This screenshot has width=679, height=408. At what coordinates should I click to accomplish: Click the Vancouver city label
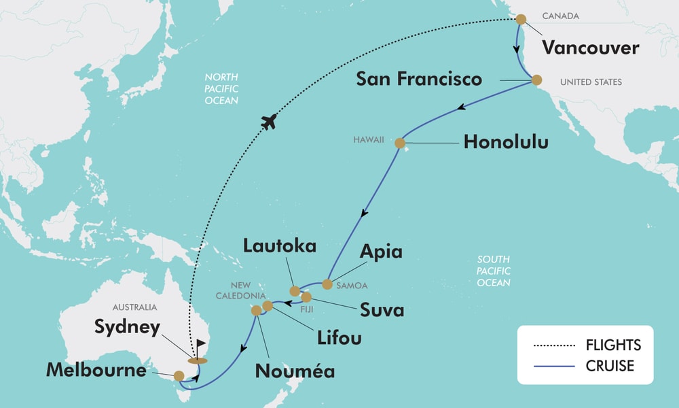pyautogui.click(x=590, y=48)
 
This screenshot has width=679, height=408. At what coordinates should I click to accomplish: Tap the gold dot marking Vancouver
pyautogui.click(x=521, y=19)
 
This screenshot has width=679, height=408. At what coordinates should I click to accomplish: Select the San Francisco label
pyautogui.click(x=419, y=80)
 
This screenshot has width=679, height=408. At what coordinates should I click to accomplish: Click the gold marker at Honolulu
pyautogui.click(x=399, y=143)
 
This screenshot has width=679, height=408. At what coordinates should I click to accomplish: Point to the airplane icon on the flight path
pyautogui.click(x=270, y=122)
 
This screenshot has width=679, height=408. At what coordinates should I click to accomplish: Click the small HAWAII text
pyautogui.click(x=369, y=139)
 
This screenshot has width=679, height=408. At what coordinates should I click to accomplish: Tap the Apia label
pyautogui.click(x=381, y=252)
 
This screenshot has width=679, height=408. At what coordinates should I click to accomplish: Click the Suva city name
pyautogui.click(x=382, y=310)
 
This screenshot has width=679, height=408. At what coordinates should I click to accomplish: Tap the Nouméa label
pyautogui.click(x=295, y=371)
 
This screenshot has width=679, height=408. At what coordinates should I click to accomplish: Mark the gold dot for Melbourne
pyautogui.click(x=179, y=375)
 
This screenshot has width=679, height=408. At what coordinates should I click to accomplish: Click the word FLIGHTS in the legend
pyautogui.click(x=613, y=345)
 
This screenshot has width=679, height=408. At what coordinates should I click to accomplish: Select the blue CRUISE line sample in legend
pyautogui.click(x=555, y=366)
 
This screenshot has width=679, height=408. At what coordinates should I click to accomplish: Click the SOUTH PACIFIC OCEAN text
pyautogui.click(x=494, y=271)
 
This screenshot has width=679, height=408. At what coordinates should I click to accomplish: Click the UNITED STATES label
pyautogui.click(x=591, y=82)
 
